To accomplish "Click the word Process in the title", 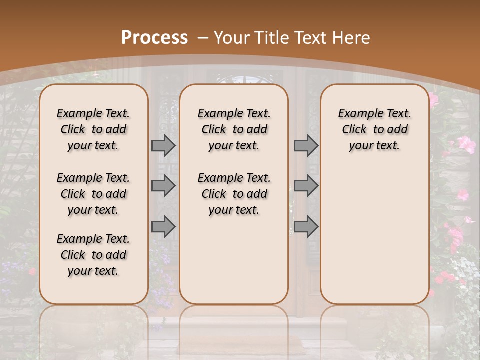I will click(154, 38).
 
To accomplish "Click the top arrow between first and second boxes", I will click(163, 146).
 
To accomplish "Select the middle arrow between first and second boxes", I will click(163, 186).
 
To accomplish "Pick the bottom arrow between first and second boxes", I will click(163, 227).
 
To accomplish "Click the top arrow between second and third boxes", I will click(306, 146).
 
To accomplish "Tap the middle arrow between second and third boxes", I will click(306, 186).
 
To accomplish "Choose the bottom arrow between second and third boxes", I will click(306, 227).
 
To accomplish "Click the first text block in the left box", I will click(93, 129).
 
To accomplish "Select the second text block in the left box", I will click(93, 194).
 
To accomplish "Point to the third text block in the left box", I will click(93, 255).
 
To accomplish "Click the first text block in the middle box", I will click(234, 129).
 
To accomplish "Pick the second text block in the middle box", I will click(234, 194).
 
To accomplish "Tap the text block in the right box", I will click(374, 129).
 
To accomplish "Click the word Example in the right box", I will click(356, 113).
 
